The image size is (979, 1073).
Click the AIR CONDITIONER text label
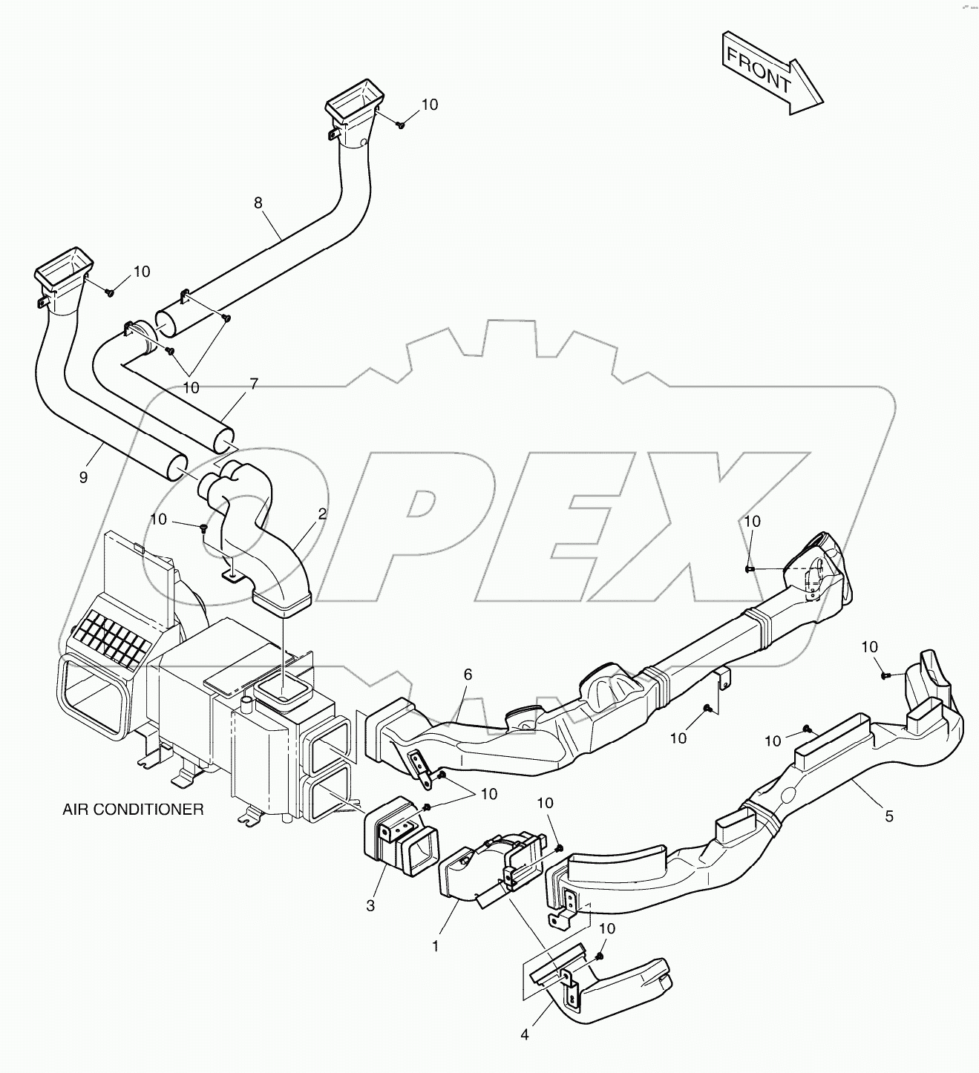click(x=133, y=810)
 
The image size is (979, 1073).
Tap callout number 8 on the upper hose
click(x=258, y=203)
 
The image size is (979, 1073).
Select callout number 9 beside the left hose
click(x=83, y=477)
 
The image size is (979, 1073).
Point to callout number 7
click(x=254, y=384)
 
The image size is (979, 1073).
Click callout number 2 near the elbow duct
click(x=322, y=513)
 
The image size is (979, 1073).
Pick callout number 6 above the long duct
click(x=468, y=675)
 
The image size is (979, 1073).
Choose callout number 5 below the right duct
click(x=889, y=816)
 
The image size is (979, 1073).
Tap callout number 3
click(x=370, y=905)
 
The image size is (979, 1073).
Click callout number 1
click(x=436, y=946)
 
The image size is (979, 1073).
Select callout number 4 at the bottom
click(x=525, y=1034)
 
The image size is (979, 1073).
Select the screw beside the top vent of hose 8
click(x=399, y=125)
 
